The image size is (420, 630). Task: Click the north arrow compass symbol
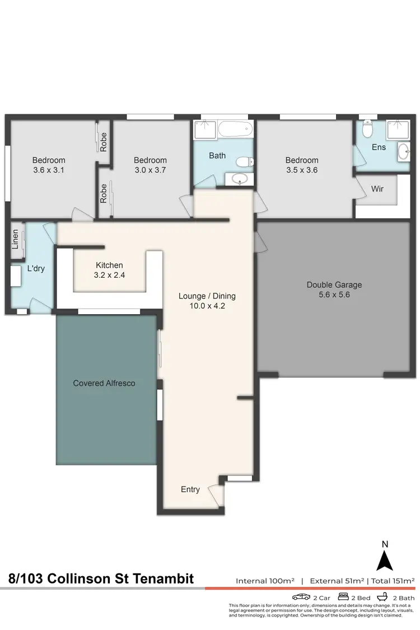384,560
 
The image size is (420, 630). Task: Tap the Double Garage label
334,284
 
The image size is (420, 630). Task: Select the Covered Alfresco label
104,383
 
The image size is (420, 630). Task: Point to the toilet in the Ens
367,130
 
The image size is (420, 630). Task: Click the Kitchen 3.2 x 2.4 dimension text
109,276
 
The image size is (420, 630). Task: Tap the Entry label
190,489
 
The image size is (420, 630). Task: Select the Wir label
377,189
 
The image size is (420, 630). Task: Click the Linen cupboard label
16,239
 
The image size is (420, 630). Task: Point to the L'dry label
36,268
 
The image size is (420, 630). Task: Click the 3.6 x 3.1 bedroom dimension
48,170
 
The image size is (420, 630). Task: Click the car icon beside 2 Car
301,597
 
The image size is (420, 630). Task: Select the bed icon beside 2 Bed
343,597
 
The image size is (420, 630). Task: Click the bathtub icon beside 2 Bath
385,597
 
